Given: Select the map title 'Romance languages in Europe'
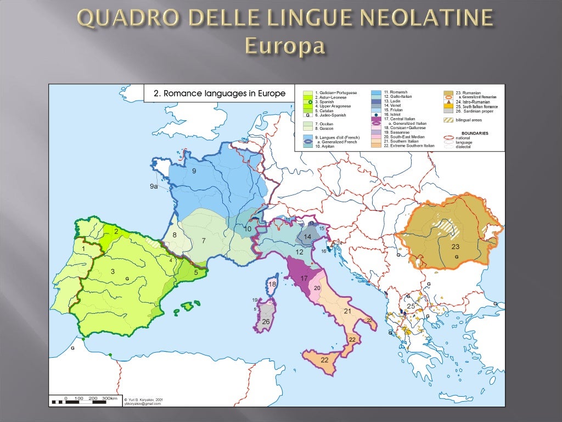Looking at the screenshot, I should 220,94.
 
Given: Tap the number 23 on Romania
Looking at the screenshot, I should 456,246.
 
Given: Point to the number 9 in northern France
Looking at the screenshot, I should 194,171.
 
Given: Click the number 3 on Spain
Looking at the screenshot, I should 113,271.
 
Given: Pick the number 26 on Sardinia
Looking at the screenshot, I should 266,321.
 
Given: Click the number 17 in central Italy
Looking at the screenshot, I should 304,279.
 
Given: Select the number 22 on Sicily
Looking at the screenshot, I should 325,359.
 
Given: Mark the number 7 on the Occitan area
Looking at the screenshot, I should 204,240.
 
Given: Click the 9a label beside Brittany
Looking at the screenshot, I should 154,187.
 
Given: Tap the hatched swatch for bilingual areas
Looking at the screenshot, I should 448,120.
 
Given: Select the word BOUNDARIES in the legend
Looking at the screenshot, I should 475,133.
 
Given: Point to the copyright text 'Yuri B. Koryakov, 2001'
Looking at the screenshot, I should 144,399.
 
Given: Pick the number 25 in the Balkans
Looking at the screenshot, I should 411,306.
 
